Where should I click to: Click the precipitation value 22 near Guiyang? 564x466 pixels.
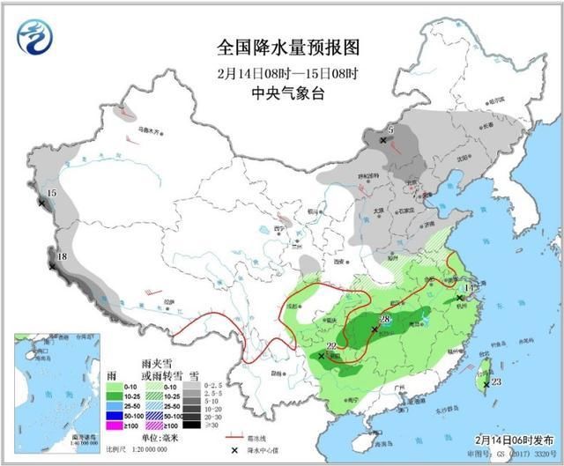coord(330,346)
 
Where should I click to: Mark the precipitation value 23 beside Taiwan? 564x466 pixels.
coord(496,381)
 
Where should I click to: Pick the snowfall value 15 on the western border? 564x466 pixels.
coord(51,193)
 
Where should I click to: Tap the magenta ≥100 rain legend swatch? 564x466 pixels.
coord(112,425)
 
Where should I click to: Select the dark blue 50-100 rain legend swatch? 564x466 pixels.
coord(112,415)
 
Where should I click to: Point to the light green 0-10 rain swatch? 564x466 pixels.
coord(112,386)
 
